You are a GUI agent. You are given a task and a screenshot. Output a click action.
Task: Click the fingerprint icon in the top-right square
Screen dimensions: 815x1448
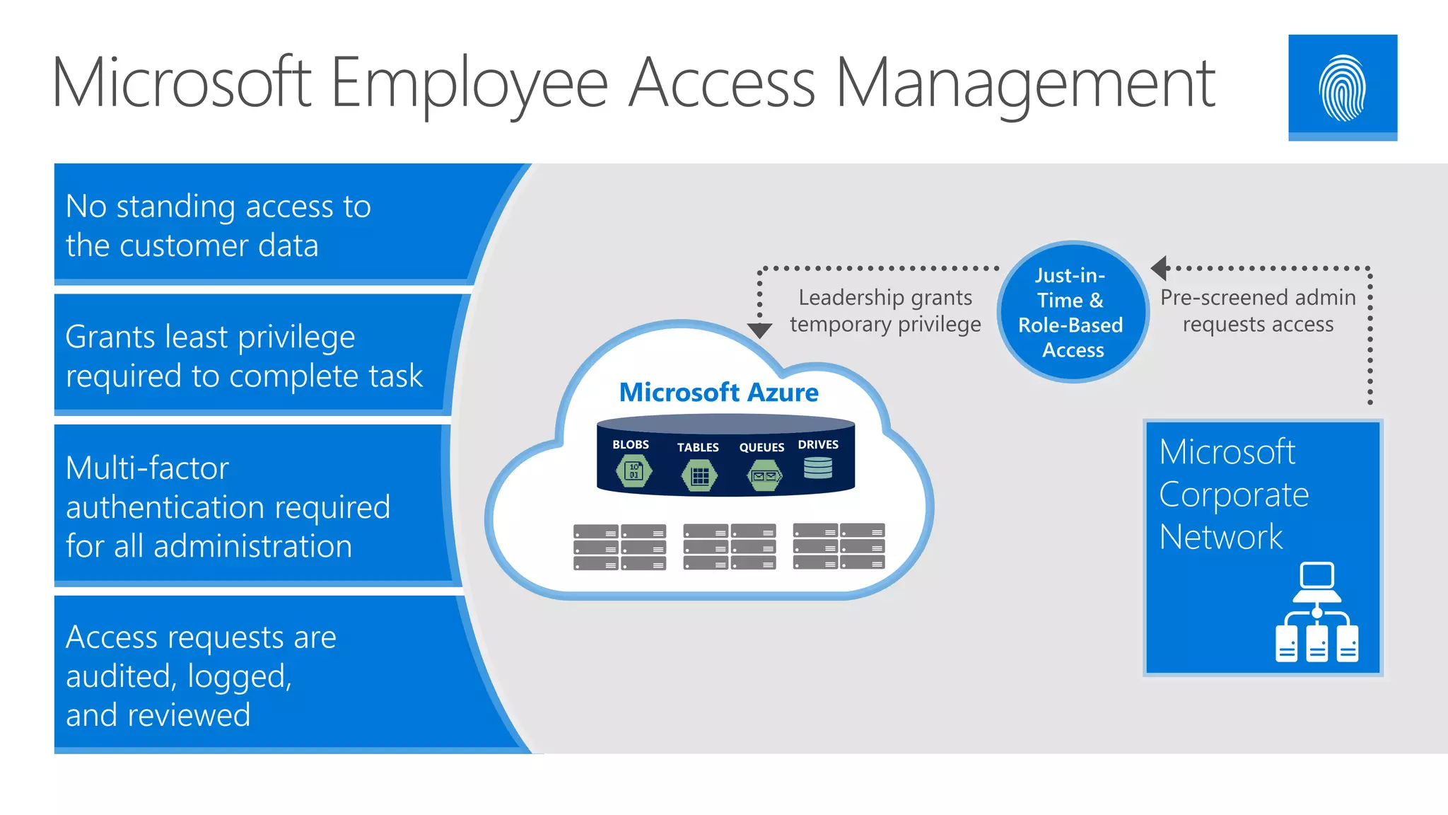[x=1342, y=88]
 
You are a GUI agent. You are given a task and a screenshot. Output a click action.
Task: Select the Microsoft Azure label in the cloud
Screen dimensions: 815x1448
[x=718, y=393]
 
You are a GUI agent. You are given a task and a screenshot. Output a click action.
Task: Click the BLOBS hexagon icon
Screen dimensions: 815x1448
[x=633, y=471]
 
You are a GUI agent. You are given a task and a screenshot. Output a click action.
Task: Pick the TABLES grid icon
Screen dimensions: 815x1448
[x=699, y=475]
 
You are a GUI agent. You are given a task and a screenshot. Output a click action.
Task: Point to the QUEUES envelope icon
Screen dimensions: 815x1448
[x=764, y=475]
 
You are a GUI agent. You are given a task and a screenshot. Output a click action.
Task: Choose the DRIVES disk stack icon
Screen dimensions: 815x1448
[x=818, y=468]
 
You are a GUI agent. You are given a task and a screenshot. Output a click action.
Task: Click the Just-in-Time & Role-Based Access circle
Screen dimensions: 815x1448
[x=1072, y=312]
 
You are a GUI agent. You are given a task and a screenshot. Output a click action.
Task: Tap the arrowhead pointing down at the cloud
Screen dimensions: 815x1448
[x=759, y=330]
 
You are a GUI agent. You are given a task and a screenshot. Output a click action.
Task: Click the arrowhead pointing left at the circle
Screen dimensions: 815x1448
[x=1159, y=268]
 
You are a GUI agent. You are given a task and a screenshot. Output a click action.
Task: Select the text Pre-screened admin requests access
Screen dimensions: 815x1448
[x=1258, y=311]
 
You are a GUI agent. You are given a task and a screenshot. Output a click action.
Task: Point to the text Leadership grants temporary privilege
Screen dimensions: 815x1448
[x=885, y=311]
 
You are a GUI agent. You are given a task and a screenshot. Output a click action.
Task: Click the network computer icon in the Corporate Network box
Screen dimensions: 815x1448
[x=1316, y=613]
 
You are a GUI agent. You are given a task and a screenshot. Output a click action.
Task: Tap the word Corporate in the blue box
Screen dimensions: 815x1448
[x=1234, y=495]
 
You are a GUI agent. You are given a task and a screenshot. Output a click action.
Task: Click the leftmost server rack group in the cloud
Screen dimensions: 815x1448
[x=619, y=547]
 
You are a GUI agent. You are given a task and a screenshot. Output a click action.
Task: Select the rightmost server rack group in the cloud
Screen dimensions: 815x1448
[x=839, y=546]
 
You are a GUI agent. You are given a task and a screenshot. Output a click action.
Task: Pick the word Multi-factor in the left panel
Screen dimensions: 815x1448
[x=147, y=468]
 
